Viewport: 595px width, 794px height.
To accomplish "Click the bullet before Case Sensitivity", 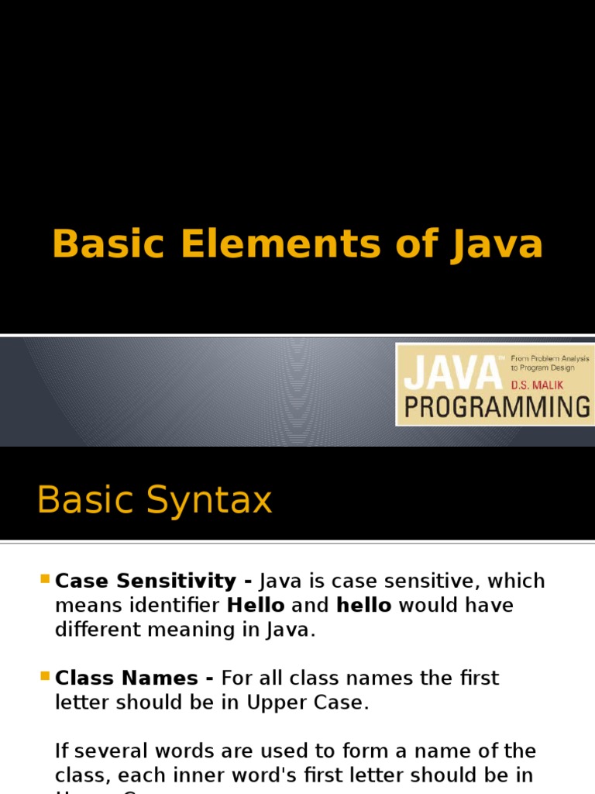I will (43, 578).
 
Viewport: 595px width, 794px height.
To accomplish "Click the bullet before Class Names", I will (43, 675).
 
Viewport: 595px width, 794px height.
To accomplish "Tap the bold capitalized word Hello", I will (256, 605).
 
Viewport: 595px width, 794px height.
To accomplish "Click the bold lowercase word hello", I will (363, 605).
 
